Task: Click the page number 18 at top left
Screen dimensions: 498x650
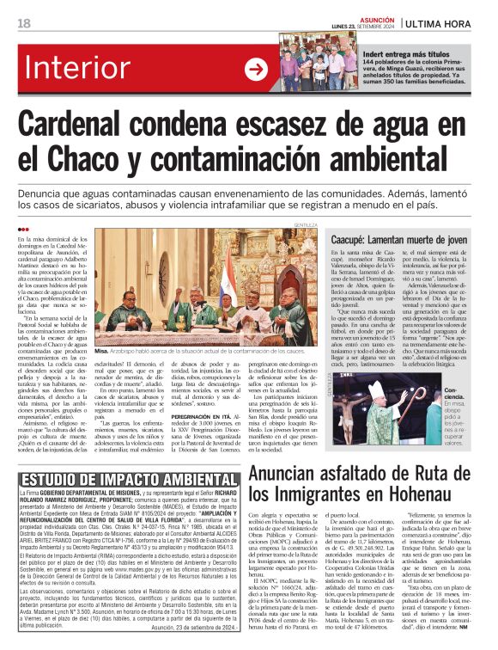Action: pos(24,22)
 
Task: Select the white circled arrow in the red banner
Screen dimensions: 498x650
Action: pos(256,70)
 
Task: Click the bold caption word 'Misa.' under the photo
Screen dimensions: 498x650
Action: pos(101,352)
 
